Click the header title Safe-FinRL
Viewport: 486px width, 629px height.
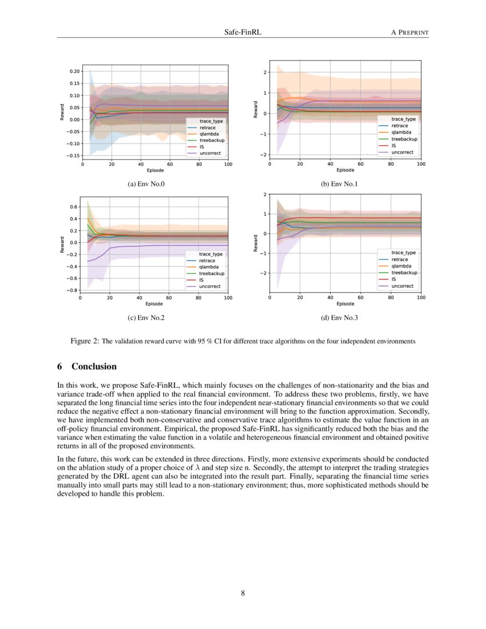[x=242, y=33]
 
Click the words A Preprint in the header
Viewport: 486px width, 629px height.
[x=409, y=33]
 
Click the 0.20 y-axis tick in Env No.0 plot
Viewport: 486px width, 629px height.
[x=74, y=71]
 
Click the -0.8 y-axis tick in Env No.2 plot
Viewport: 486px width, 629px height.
[x=73, y=290]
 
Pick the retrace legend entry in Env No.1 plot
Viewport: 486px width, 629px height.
[x=400, y=125]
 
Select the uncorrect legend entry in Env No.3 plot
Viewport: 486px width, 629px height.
[x=403, y=286]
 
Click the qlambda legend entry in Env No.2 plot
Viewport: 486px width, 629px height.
[x=209, y=267]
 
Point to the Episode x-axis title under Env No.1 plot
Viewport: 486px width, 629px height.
[x=345, y=170]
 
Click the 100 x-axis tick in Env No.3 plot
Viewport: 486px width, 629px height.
[x=421, y=297]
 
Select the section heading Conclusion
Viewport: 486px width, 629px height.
[x=94, y=367]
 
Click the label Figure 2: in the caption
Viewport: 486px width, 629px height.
[x=85, y=341]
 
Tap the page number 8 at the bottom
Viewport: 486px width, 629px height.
[x=242, y=593]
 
